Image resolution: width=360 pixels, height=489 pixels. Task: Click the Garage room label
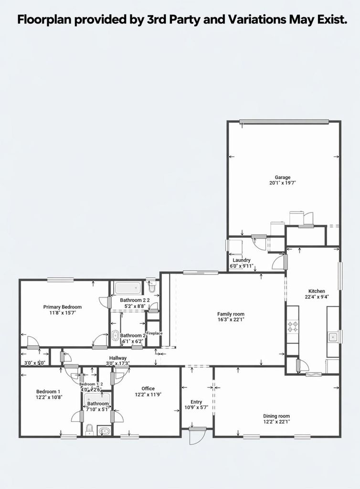pyautogui.click(x=282, y=177)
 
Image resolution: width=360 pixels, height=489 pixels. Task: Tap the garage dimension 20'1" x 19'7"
pyautogui.click(x=282, y=183)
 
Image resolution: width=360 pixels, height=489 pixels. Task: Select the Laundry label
pyautogui.click(x=242, y=260)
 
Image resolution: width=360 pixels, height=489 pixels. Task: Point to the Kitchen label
pyautogui.click(x=317, y=291)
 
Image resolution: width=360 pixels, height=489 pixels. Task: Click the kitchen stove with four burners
pyautogui.click(x=293, y=327)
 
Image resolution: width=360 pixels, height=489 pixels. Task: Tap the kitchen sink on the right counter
pyautogui.click(x=333, y=337)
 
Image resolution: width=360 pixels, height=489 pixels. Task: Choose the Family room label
pyautogui.click(x=231, y=314)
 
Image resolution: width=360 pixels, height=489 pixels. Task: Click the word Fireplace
pyautogui.click(x=154, y=333)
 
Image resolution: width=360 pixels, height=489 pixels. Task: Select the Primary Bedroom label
pyautogui.click(x=63, y=307)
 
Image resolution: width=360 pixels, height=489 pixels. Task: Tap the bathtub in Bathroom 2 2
pyautogui.click(x=128, y=288)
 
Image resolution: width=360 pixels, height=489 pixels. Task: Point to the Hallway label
pyautogui.click(x=118, y=358)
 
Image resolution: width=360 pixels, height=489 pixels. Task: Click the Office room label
pyautogui.click(x=148, y=389)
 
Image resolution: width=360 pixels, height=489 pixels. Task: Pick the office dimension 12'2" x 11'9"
pyautogui.click(x=148, y=394)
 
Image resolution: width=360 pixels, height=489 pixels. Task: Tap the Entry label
pyautogui.click(x=196, y=402)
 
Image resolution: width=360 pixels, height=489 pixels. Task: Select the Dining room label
pyautogui.click(x=276, y=416)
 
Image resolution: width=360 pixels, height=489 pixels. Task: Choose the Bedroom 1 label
pyautogui.click(x=48, y=392)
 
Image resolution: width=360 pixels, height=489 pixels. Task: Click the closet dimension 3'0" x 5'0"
pyautogui.click(x=35, y=363)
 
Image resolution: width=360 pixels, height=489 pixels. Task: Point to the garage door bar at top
pyautogui.click(x=284, y=121)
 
